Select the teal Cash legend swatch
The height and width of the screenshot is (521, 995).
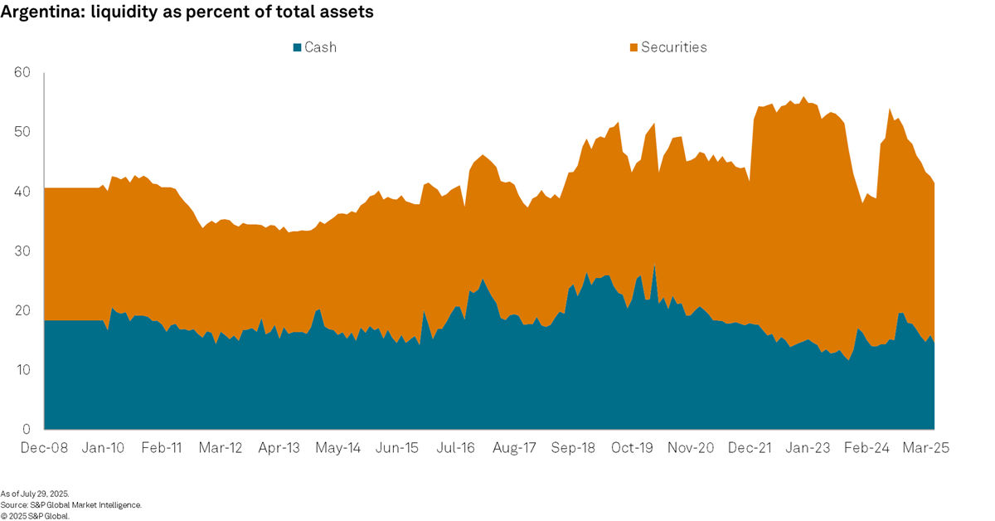pos(297,47)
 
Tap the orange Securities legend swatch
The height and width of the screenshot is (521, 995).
pos(633,47)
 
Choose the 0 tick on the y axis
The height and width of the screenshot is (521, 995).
pos(27,430)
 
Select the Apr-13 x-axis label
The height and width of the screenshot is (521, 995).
pos(279,448)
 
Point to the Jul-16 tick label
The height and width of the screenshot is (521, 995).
pos(455,448)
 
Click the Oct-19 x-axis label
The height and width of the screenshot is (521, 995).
pos(633,448)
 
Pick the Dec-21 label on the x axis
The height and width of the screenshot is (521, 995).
pos(750,448)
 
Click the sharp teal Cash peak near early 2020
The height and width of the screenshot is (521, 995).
pos(654,267)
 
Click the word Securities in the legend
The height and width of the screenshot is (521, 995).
pos(674,47)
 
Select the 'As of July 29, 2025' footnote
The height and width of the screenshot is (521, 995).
pos(35,494)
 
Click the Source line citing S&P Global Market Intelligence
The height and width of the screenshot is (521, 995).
pos(71,504)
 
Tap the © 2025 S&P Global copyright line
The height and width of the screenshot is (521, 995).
pos(36,515)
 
